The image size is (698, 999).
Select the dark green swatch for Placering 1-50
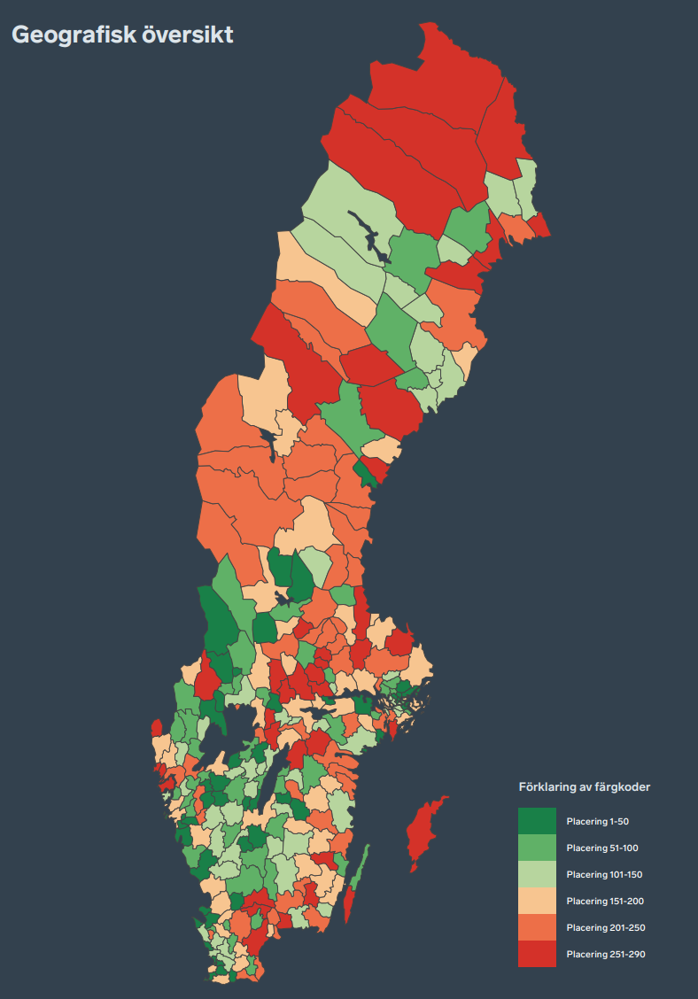[x=537, y=821]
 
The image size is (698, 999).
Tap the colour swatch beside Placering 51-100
[x=537, y=848]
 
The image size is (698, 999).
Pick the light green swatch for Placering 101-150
[x=537, y=874]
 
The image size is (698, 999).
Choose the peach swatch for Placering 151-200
[x=537, y=901]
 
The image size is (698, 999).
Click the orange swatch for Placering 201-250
[x=537, y=927]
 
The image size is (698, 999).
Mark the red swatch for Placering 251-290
[x=537, y=954]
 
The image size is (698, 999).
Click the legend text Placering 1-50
[x=597, y=822]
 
